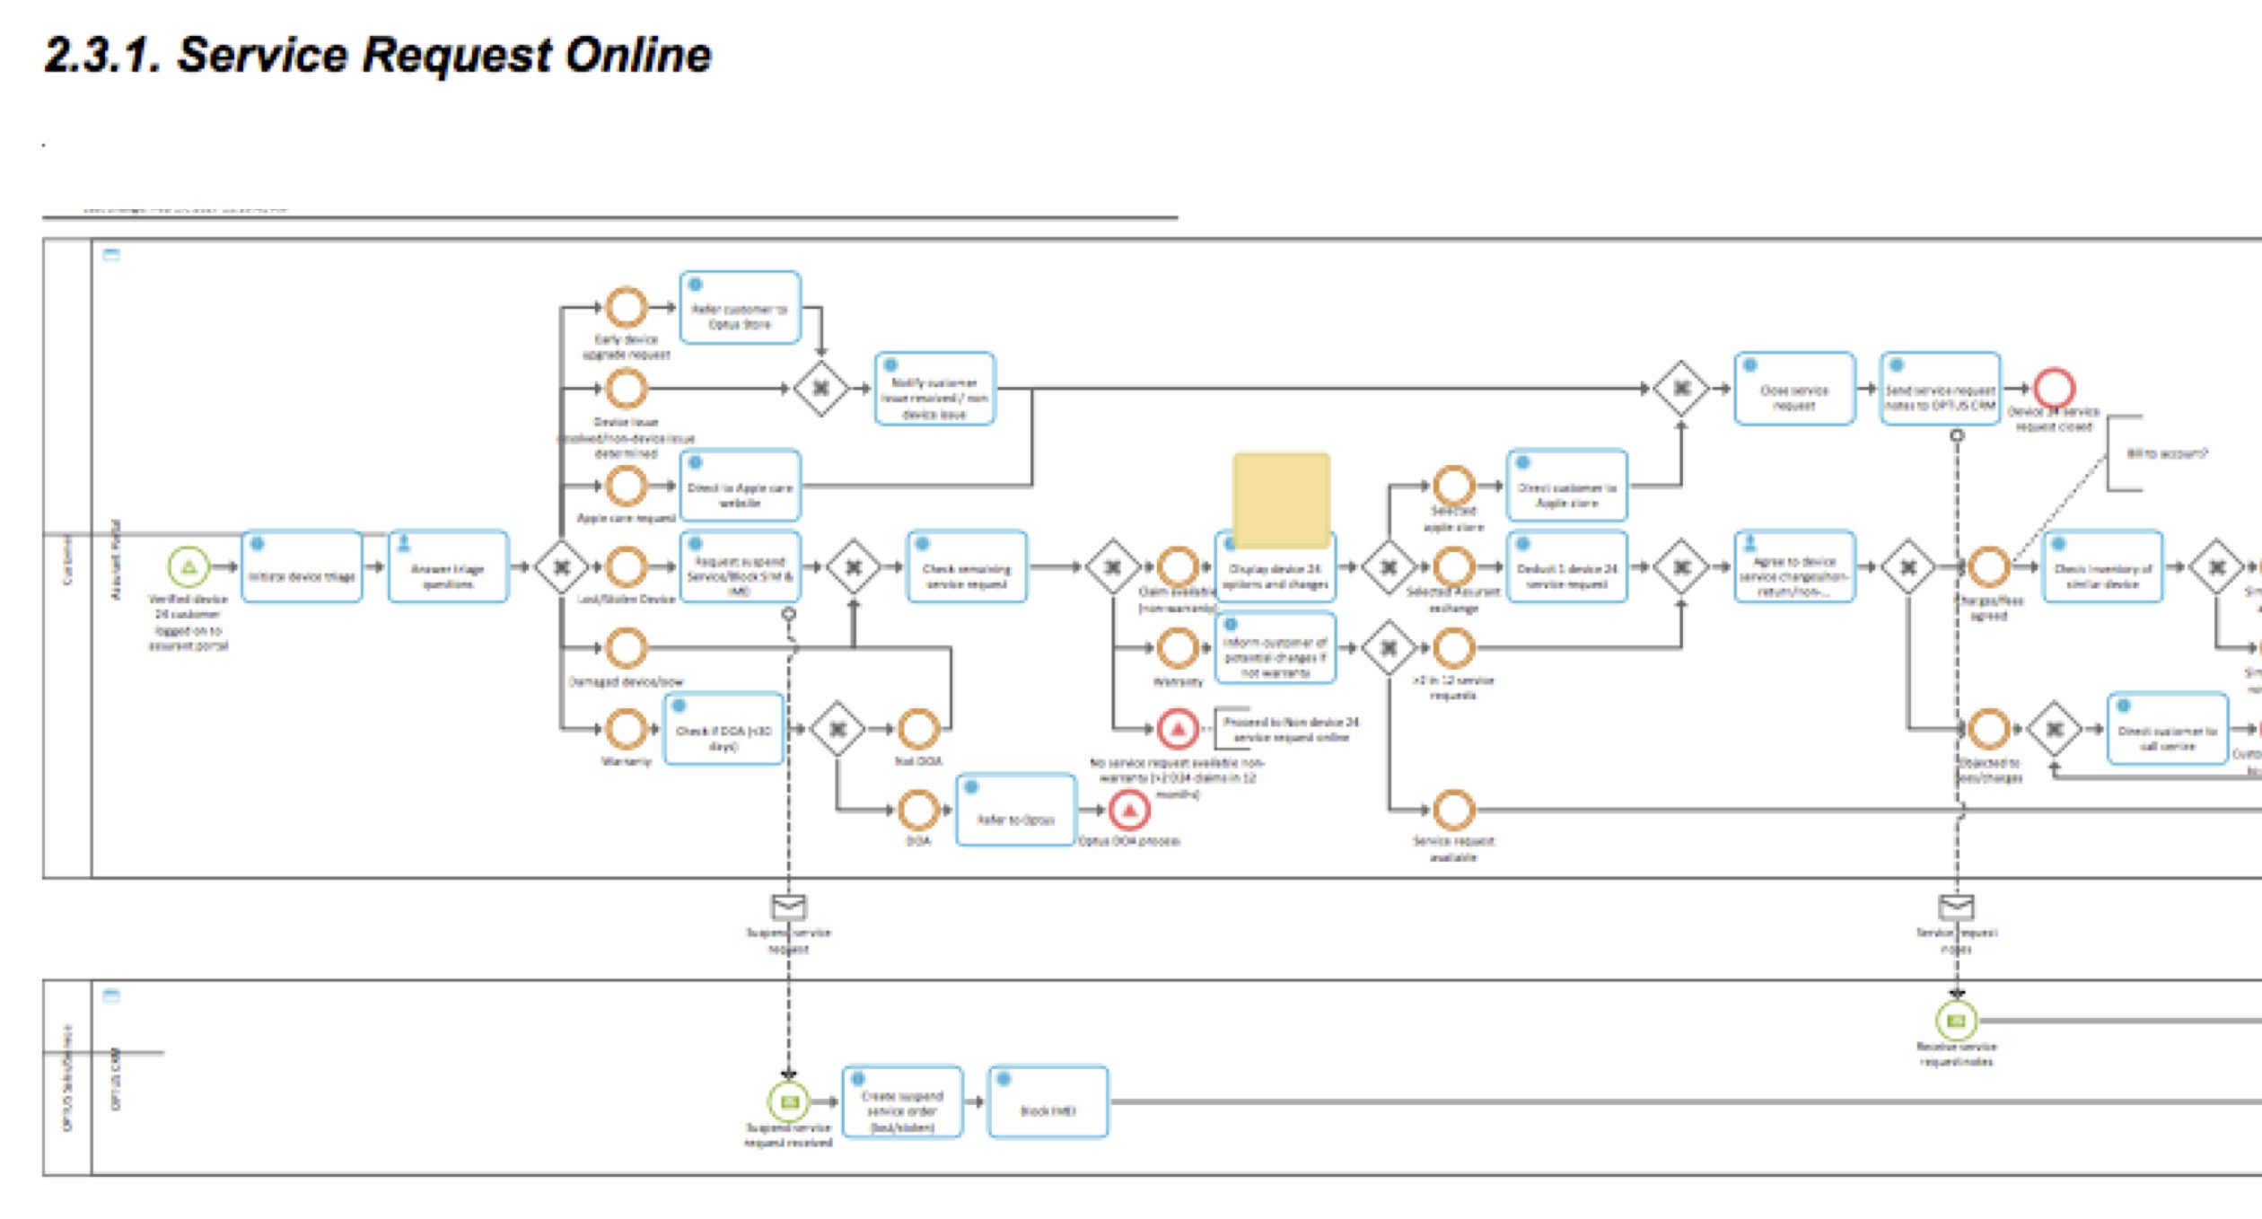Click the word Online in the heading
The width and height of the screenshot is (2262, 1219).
637,56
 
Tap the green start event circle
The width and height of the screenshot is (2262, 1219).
188,567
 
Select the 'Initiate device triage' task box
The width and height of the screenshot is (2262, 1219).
302,567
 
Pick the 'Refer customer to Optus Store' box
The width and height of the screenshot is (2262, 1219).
740,308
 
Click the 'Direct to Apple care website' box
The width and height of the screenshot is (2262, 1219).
740,487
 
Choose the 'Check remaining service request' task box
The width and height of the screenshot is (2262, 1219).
967,567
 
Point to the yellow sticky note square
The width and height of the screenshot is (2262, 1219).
1281,499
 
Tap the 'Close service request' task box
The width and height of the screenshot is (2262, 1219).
1793,389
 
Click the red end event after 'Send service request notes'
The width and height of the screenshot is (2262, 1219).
2054,389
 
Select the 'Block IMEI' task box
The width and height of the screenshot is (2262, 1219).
1048,1102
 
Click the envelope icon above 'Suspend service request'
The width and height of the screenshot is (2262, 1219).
788,907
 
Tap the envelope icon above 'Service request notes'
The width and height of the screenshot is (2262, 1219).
1957,907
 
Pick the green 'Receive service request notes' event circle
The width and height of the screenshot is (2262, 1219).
1957,1021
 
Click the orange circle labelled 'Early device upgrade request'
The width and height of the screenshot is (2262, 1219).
626,308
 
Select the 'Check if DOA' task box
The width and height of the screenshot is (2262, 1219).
723,729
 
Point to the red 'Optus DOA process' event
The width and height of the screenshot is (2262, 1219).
1129,811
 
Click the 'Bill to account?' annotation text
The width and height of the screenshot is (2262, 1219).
2165,453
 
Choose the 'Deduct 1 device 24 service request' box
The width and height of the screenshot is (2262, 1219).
1566,567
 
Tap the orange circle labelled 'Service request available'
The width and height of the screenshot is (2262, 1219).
1453,811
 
